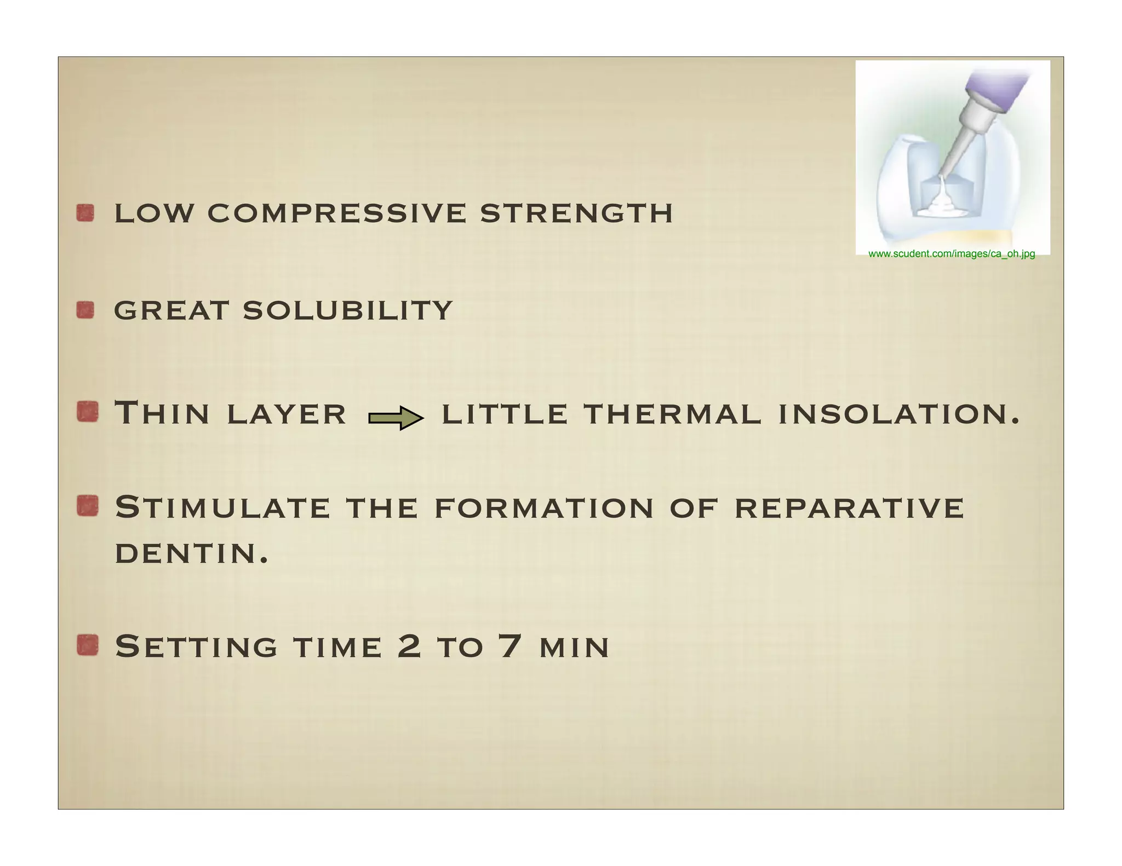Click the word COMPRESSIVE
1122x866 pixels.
point(336,213)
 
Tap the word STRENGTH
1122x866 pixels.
point(576,213)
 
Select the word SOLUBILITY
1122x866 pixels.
point(347,310)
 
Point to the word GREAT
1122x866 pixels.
point(171,310)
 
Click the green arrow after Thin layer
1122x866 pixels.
point(396,418)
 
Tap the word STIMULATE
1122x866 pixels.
point(222,507)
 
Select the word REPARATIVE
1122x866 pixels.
point(849,507)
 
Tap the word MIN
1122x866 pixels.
point(574,648)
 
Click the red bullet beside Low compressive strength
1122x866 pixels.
point(85,213)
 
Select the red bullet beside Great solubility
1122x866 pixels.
point(85,310)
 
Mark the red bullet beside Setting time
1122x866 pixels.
point(87,645)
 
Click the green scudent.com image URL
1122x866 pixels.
point(952,254)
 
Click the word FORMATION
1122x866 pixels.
point(544,507)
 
